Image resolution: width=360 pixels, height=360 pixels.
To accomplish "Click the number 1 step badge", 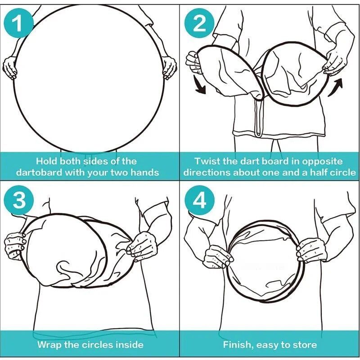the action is point(18,23).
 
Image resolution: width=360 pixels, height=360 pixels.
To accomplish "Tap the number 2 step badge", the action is point(199,23).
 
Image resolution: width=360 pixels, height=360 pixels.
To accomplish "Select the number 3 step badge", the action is point(19,200).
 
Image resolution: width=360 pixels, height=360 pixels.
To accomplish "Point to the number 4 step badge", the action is point(199,200).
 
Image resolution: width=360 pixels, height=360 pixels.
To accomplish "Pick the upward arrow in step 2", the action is point(336,87).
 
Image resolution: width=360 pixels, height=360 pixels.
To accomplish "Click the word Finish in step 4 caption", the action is point(238,345).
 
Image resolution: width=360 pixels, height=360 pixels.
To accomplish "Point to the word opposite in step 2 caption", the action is point(322,162).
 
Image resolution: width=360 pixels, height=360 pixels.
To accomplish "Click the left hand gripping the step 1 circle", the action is point(9,67).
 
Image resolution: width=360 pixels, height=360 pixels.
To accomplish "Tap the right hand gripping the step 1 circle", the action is point(170,67).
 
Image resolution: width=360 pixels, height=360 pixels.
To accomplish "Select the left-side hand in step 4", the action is point(218,256).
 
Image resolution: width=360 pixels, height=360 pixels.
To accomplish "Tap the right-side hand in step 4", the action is point(311,250).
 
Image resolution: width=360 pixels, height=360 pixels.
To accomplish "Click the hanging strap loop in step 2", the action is point(259,117).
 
